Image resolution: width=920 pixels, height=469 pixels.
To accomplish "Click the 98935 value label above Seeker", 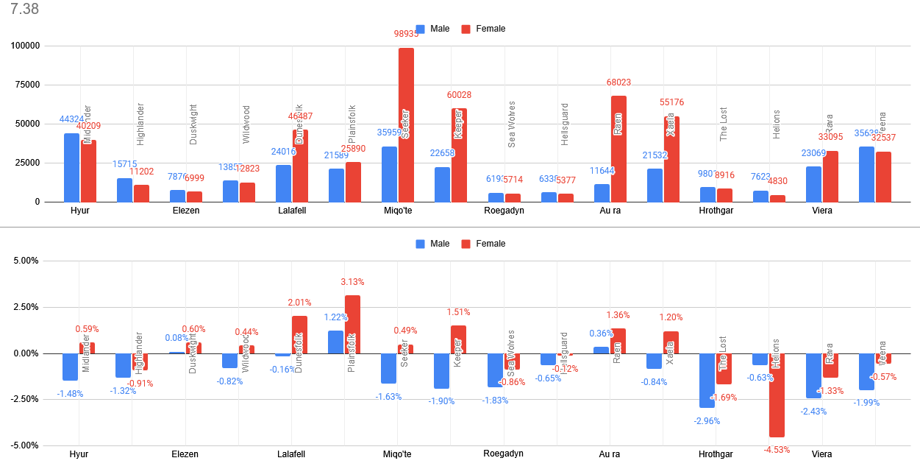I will pyautogui.click(x=406, y=34).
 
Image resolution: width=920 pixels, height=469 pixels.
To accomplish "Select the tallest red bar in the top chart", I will pyautogui.click(x=406, y=125).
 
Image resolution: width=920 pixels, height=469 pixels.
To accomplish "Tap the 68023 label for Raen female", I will pyautogui.click(x=618, y=82).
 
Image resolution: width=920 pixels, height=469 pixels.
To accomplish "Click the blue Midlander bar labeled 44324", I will pyautogui.click(x=71, y=168).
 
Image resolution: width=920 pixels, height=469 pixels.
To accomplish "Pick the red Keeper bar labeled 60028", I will pyautogui.click(x=459, y=155).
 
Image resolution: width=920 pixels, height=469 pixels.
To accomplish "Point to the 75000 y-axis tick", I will pyautogui.click(x=24, y=85).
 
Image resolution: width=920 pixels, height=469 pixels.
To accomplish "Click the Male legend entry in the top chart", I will pyautogui.click(x=432, y=29).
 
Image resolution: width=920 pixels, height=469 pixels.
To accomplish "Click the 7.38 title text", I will pyautogui.click(x=24, y=10).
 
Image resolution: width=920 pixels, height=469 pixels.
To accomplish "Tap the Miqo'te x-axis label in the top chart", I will pyautogui.click(x=397, y=211).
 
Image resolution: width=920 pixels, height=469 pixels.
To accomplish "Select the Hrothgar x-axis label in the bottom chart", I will pyautogui.click(x=716, y=454).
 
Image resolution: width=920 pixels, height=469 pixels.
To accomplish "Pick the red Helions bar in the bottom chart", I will pyautogui.click(x=777, y=395).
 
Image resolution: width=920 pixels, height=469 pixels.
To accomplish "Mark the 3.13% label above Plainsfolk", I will pyautogui.click(x=352, y=282).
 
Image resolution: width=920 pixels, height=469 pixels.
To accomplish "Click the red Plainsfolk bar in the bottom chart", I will pyautogui.click(x=353, y=324).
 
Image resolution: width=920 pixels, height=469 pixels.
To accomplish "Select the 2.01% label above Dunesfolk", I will pyautogui.click(x=299, y=303).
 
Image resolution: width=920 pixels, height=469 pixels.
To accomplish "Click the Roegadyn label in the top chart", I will pyautogui.click(x=504, y=211).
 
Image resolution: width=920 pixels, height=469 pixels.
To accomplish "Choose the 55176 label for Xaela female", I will pyautogui.click(x=671, y=102).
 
